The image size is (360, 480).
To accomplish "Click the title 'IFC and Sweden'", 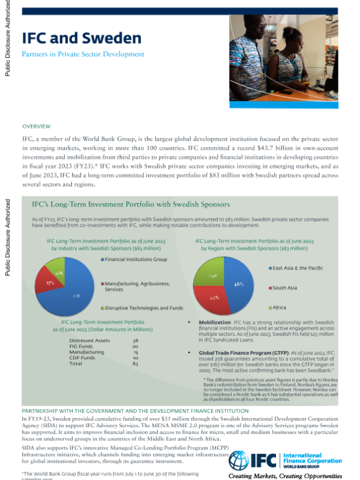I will coord(82,38).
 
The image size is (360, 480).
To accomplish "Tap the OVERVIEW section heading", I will coord(37,127).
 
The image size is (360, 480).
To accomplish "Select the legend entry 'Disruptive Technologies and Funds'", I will coord(142,307).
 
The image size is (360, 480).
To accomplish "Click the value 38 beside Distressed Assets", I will coord(135,340).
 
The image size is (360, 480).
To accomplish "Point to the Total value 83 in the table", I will coord(135,364).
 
